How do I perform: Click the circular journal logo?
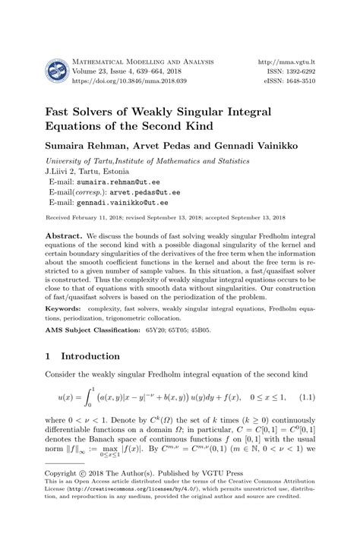tap(58, 72)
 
